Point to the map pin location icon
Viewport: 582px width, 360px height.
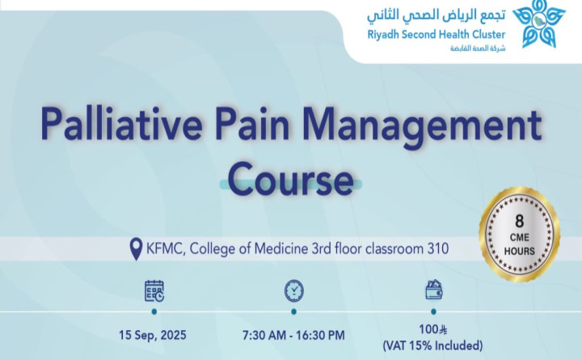[136, 249]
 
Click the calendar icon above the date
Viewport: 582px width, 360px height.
[154, 290]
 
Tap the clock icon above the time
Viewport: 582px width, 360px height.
[293, 290]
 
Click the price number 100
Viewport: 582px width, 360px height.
[428, 331]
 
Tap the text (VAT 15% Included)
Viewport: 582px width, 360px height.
[433, 346]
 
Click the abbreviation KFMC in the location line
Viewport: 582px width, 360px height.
[167, 249]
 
